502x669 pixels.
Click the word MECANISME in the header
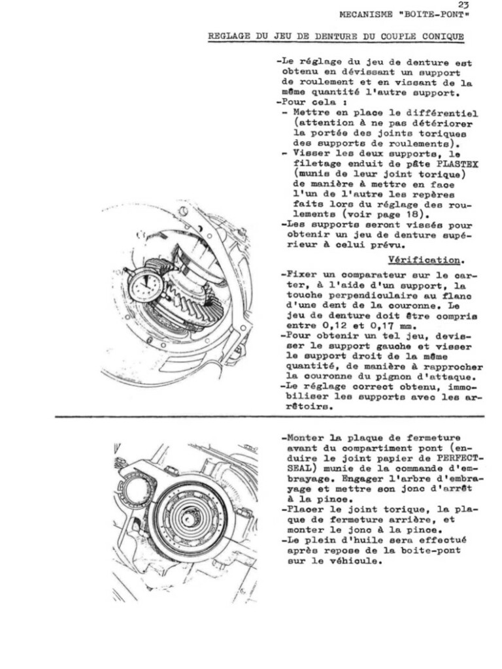pyautogui.click(x=366, y=14)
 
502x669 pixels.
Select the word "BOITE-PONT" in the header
pyautogui.click(x=439, y=14)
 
